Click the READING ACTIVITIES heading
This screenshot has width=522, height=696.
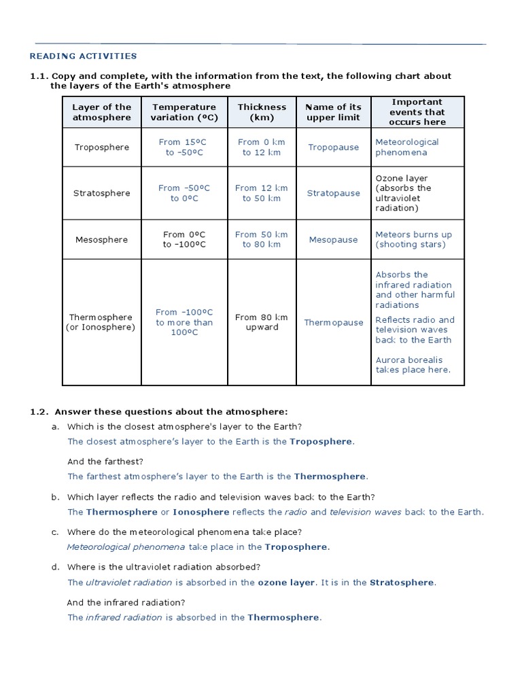[83, 56]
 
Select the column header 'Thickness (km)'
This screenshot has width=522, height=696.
[262, 112]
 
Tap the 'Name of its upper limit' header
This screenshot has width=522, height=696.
[333, 112]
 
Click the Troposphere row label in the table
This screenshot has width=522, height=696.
[101, 147]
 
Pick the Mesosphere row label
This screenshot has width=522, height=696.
[101, 239]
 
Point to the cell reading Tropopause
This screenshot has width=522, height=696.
[333, 147]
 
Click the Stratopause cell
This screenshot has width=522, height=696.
[333, 193]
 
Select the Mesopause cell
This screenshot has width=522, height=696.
[333, 239]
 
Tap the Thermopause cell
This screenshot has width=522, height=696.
[333, 322]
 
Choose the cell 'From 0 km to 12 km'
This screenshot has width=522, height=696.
[262, 147]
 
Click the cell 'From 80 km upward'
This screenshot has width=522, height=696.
[262, 322]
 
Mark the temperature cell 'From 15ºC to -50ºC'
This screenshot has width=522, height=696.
[184, 147]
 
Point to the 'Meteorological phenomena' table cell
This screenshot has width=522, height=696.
[407, 147]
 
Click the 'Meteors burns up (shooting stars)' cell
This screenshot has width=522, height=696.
[413, 239]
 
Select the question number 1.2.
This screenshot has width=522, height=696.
[39, 412]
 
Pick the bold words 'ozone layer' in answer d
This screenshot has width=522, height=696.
[286, 582]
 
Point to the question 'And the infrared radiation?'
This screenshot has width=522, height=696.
[126, 602]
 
